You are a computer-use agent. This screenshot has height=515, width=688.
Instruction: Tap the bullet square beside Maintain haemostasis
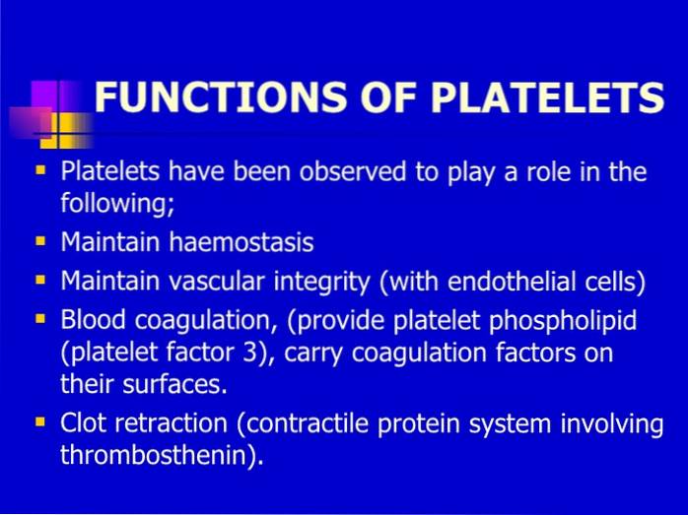coord(40,240)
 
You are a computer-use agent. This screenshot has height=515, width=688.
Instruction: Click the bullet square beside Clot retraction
coord(40,421)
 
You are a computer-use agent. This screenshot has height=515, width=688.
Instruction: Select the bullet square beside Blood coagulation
coord(40,318)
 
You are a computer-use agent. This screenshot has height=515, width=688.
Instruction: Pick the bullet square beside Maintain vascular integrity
coord(40,280)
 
